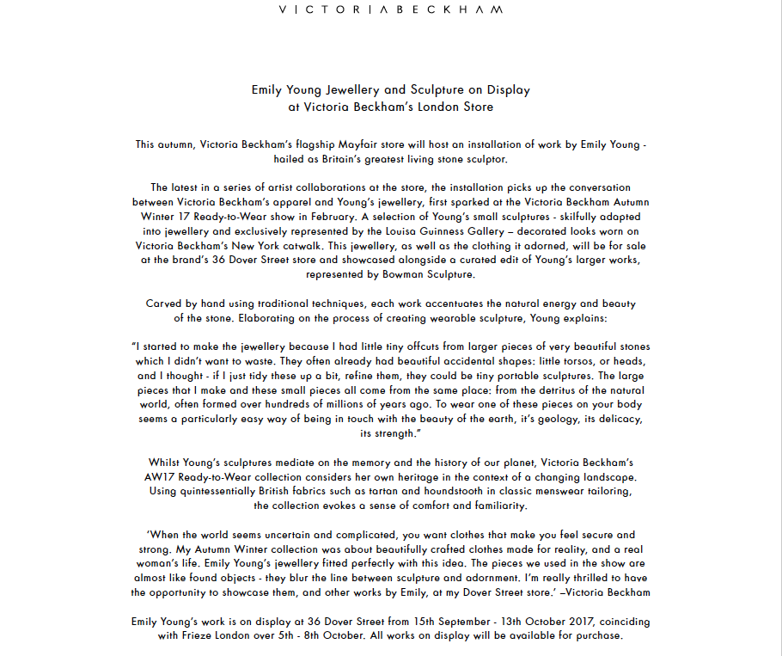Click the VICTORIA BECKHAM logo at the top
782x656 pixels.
[391, 10]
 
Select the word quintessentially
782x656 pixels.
[212, 491]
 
